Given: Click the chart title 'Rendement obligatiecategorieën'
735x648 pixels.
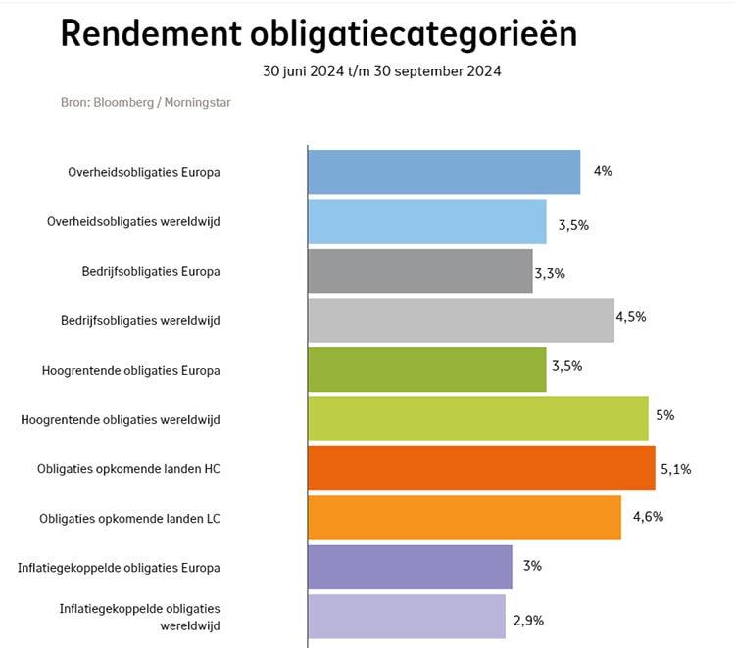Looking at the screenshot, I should point(318,33).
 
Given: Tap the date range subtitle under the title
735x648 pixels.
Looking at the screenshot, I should point(382,71).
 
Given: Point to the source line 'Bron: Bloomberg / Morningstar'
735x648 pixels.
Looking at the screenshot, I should point(146,102).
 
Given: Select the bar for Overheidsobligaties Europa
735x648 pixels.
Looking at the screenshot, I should point(443,172).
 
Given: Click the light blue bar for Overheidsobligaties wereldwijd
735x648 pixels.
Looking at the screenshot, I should point(426,221).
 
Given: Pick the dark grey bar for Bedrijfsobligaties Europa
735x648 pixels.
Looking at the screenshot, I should point(419,271).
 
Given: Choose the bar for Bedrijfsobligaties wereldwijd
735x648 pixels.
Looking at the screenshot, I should point(461,320).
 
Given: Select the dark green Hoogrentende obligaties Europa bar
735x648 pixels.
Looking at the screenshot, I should point(426,369).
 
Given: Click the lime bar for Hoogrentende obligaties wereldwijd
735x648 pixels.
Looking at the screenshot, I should point(477,419).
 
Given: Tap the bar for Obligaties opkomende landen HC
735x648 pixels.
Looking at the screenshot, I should point(480,468).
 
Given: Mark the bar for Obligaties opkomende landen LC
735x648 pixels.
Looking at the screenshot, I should point(464,518).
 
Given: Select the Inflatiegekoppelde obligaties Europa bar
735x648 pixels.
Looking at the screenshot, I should point(410,567).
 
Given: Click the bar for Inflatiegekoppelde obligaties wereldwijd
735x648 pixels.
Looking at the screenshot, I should point(406,617).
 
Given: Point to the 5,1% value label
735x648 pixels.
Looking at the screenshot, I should point(676,469).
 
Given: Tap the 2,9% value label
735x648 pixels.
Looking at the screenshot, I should point(529,620).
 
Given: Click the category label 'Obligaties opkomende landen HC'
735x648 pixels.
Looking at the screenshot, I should point(128,469).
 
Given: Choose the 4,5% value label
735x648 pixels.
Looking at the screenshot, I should point(631,316).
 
